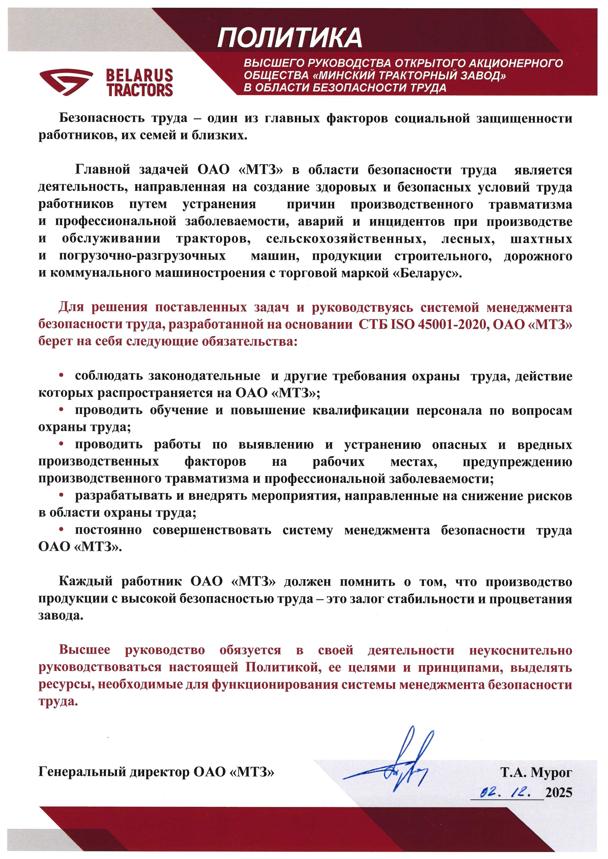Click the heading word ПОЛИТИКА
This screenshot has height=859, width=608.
coord(289,38)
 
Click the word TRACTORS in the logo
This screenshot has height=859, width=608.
coord(140,90)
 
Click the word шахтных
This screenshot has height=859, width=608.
coord(541,239)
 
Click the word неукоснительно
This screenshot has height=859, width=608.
coord(520,650)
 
